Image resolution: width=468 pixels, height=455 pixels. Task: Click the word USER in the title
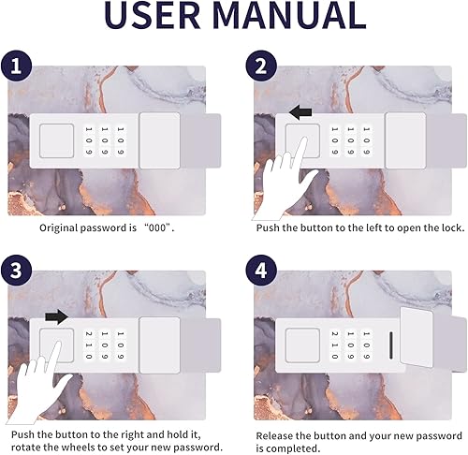[x=153, y=15]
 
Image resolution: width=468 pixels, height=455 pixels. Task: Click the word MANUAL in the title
[x=290, y=15]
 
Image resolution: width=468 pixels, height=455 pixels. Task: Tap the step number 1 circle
[x=16, y=66]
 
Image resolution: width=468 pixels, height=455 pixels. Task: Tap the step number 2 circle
[x=261, y=66]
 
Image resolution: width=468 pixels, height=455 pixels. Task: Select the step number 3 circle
[x=16, y=270]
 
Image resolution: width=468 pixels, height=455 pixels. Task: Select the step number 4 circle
[x=261, y=270]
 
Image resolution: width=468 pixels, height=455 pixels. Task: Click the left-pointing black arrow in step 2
[x=300, y=112]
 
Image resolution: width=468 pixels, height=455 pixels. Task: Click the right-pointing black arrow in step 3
[x=57, y=317]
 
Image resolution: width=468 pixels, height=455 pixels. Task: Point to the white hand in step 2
[x=285, y=181]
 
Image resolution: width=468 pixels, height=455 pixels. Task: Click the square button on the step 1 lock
[x=56, y=140]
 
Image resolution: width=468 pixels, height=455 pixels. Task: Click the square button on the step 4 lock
[x=302, y=345]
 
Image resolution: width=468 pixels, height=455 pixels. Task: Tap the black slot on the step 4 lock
[x=391, y=345]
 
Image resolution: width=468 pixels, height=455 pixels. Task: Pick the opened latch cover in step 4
[x=416, y=337]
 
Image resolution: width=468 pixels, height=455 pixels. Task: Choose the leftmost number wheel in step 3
[x=89, y=345]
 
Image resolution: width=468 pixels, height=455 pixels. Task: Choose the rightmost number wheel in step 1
[x=121, y=140]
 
